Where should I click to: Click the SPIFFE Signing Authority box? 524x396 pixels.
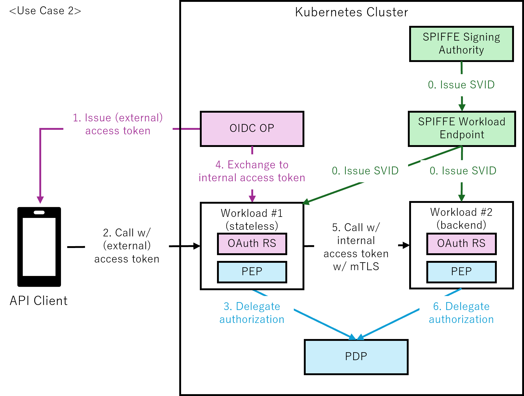461,44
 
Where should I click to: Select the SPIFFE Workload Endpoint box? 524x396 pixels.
462,128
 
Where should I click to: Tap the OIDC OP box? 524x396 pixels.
252,128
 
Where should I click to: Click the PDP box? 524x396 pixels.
356,357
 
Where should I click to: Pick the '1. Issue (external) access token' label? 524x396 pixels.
118,125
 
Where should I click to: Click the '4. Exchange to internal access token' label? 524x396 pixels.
252,171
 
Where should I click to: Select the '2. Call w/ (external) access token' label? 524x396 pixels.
127,246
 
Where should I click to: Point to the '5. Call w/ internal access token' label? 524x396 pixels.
356,247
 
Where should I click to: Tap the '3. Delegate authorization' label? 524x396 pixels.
252,313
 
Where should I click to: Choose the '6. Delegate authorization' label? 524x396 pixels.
461,313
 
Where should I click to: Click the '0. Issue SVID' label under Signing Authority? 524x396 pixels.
461,85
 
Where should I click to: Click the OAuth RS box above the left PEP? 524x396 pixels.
252,244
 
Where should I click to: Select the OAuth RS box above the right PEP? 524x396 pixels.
461,244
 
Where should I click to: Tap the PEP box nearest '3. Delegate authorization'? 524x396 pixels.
252,272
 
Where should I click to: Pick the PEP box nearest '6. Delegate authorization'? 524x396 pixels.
461,272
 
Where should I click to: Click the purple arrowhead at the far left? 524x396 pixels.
40,200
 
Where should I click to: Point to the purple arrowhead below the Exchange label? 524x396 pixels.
252,198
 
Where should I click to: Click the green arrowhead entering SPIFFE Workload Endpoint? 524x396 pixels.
462,108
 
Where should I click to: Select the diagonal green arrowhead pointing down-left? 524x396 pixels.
306,202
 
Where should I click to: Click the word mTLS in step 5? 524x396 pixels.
365,267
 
